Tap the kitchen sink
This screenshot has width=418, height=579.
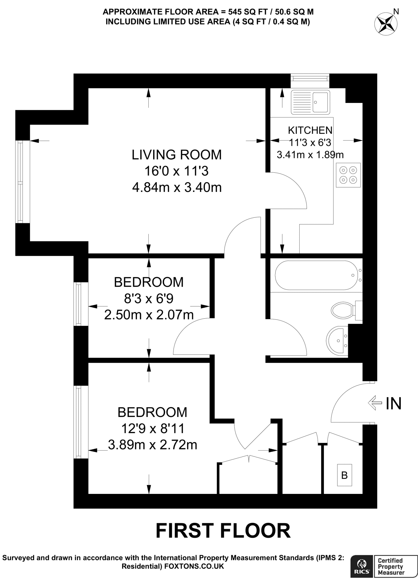[x=310, y=102]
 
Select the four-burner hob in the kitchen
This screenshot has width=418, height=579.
[x=348, y=175]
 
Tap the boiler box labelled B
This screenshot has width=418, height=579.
[x=344, y=475]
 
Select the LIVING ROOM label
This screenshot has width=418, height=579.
[x=177, y=155]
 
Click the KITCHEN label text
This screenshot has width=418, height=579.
[x=310, y=130]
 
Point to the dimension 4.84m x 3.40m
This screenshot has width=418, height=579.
[x=177, y=187]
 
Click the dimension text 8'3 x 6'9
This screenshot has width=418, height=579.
[x=149, y=298]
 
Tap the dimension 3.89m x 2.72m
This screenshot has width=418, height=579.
[x=152, y=445]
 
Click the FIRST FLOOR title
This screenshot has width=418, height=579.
[x=223, y=531]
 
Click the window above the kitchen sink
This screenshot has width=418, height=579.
[x=310, y=77]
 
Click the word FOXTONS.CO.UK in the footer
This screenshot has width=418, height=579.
[x=194, y=566]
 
